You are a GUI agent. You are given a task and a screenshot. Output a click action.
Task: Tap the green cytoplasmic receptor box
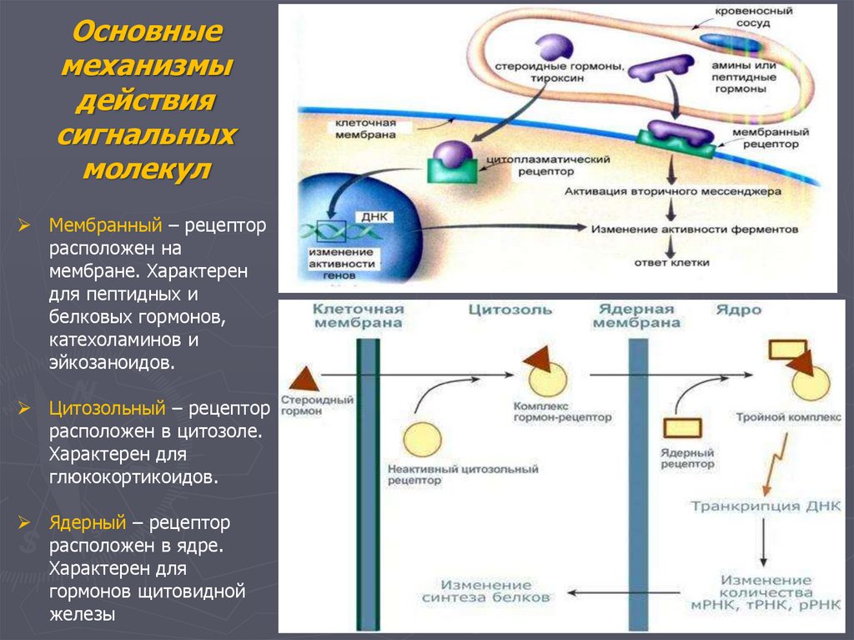453,169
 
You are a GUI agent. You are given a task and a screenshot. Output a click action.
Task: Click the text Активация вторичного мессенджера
673,191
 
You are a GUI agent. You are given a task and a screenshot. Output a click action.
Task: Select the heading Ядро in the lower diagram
737,310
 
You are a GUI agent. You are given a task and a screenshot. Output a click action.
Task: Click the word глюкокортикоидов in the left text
133,478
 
